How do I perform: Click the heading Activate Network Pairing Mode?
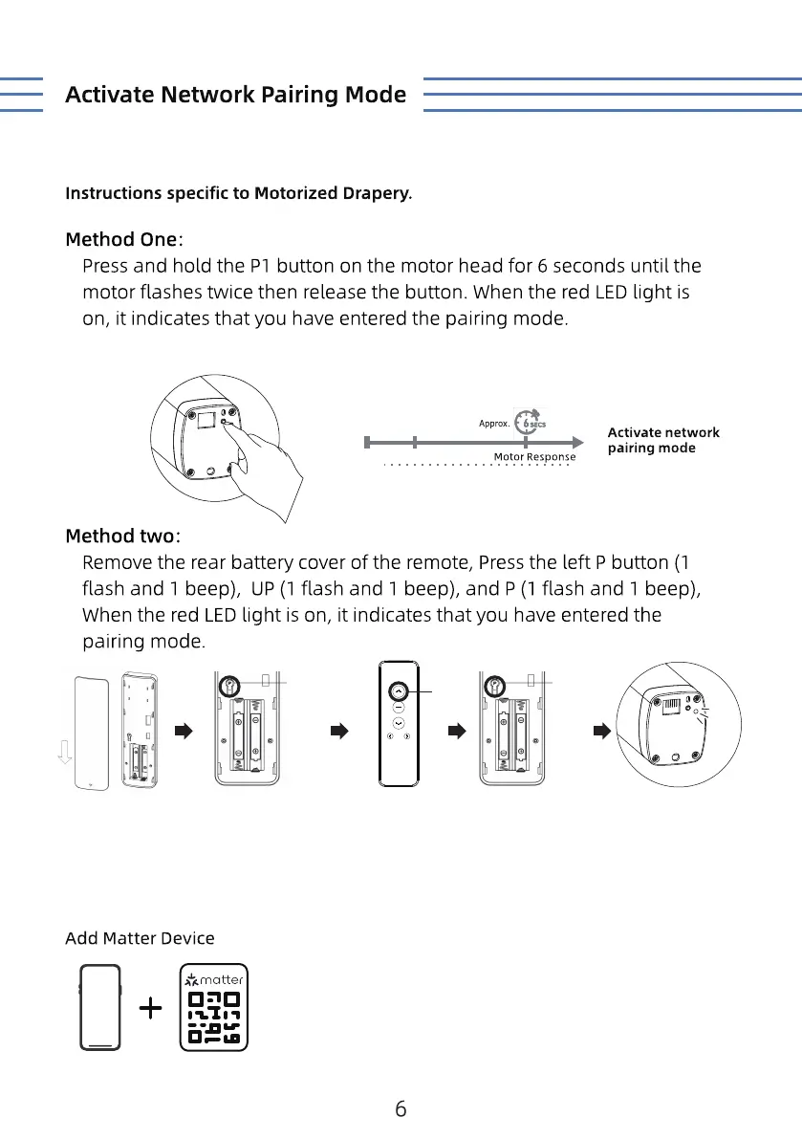point(235,95)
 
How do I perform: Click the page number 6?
point(401,1109)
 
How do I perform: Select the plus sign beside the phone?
point(150,1008)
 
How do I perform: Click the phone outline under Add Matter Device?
point(100,1008)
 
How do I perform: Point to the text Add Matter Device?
point(140,938)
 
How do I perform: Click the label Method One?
point(121,238)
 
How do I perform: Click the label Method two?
point(121,534)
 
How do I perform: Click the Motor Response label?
point(534,457)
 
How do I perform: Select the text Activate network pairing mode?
point(663,440)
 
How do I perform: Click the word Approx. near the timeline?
point(493,424)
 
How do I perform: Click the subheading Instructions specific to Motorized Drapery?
point(239,193)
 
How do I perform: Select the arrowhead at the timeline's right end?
point(576,442)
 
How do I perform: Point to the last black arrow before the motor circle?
point(600,732)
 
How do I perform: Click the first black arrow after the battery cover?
point(183,732)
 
